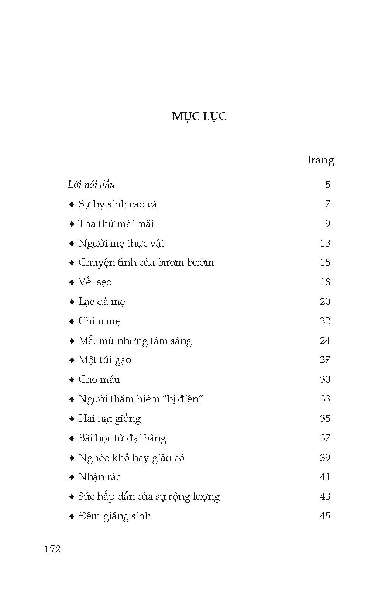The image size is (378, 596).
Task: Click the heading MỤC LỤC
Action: coord(199,116)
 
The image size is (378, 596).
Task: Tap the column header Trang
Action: coord(320,160)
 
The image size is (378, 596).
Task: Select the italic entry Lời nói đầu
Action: coord(91,185)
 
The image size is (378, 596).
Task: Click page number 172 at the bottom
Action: coord(52,549)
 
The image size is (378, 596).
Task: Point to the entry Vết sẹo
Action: coord(95,282)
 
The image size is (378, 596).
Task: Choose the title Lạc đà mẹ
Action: coord(102,302)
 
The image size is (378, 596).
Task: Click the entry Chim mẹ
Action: coord(99,321)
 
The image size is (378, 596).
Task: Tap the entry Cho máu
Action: coord(99,379)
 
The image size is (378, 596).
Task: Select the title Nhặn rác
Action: coord(99,477)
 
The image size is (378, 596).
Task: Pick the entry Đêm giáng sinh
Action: coord(114,516)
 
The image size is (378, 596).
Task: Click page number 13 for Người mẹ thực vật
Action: coord(325,243)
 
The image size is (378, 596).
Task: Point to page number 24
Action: coord(325,341)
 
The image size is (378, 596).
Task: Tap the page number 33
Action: coord(325,399)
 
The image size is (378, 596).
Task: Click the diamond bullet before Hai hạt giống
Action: coord(72,419)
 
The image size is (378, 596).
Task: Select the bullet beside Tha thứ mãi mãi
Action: coord(72,224)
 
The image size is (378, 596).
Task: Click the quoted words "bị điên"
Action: coord(183,399)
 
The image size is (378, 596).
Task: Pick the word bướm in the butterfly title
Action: coord(201,263)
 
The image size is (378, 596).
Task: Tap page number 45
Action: coord(325,516)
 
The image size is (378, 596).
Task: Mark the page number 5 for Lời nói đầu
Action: coord(327,185)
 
